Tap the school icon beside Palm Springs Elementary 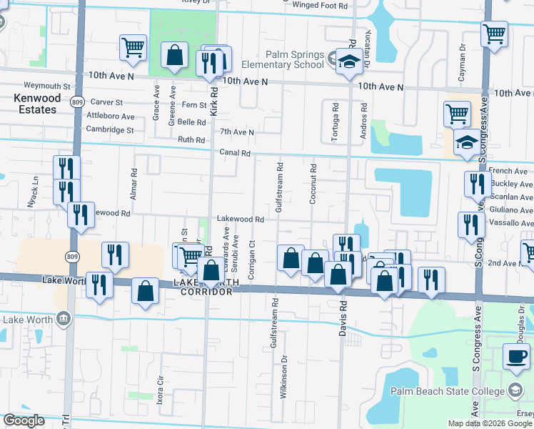point(349,61)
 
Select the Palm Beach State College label point(448,390)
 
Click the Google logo point(24,420)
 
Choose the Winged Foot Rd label point(324,5)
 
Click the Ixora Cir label point(160,388)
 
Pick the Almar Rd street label point(133,183)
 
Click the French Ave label point(510,172)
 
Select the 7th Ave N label point(236,132)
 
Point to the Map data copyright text point(489,423)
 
